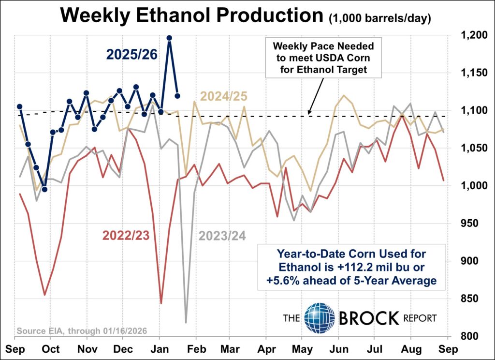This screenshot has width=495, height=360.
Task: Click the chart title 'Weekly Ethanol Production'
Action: tap(191, 16)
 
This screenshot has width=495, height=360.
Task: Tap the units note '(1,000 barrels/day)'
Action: tap(379, 18)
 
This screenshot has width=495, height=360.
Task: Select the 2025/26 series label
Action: tap(131, 54)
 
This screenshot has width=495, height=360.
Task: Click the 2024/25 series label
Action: tap(224, 96)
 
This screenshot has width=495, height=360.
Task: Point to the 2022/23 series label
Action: tap(125, 236)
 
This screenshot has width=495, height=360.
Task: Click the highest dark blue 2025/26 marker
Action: tap(169, 38)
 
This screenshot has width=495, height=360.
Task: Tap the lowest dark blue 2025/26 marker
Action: tap(44, 189)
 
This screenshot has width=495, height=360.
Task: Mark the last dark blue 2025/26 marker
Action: tap(177, 96)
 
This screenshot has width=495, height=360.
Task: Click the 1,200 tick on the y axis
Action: tap(464, 35)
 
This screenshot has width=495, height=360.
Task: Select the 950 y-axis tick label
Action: tap(466, 224)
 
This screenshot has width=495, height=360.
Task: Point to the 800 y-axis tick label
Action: tap(466, 336)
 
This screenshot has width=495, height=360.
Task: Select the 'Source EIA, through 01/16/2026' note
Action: tap(83, 331)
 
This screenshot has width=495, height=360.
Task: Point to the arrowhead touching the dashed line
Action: tap(308, 114)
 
